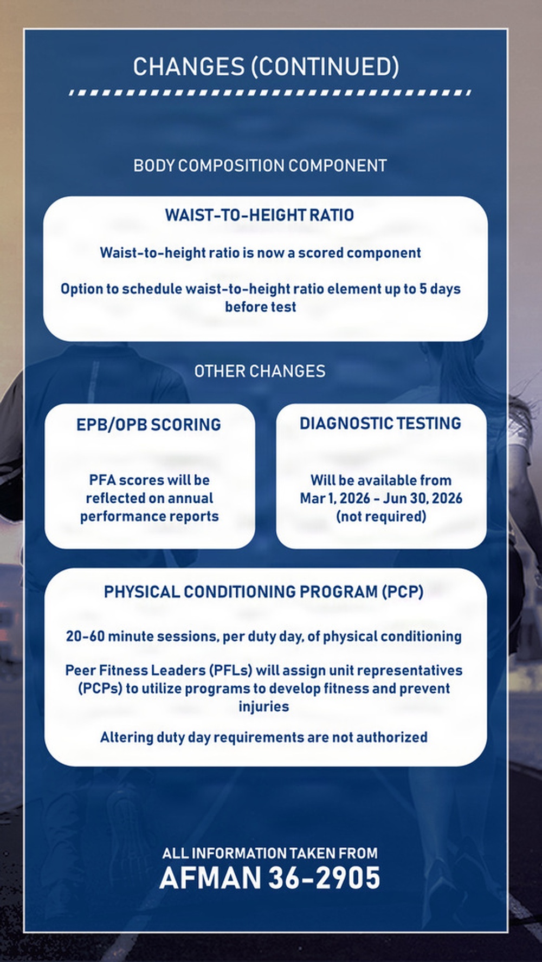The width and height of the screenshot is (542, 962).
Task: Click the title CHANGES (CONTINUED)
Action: click(266, 67)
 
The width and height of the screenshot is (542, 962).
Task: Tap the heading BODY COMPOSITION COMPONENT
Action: click(260, 165)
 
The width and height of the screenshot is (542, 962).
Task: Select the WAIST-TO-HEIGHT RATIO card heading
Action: click(259, 215)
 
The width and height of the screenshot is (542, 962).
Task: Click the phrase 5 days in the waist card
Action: click(440, 289)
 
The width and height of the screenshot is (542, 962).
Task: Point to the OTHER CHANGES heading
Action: click(260, 371)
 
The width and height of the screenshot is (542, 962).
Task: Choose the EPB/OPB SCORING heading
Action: click(149, 424)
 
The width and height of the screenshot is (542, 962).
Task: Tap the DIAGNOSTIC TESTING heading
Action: click(380, 423)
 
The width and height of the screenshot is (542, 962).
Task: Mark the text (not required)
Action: click(381, 516)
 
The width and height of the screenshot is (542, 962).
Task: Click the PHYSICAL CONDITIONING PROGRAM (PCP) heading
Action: click(264, 591)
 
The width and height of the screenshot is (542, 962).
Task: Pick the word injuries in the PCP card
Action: click(263, 706)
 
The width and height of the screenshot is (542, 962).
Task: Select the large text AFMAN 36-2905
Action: click(270, 877)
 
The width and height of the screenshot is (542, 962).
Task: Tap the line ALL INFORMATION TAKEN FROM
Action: click(270, 853)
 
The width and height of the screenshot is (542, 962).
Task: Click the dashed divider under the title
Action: click(269, 93)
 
